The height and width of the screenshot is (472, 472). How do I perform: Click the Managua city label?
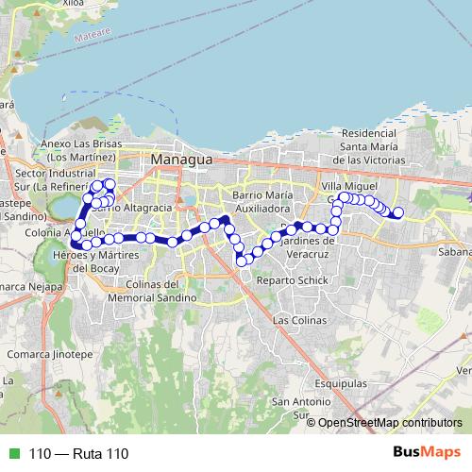183,161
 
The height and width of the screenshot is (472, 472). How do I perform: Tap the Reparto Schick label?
292,281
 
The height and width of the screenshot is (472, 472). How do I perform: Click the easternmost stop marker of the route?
398,212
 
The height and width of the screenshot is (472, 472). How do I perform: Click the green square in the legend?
12,454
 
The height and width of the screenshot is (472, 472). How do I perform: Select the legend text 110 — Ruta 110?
79,454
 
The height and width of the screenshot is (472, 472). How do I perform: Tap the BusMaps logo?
427,453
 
